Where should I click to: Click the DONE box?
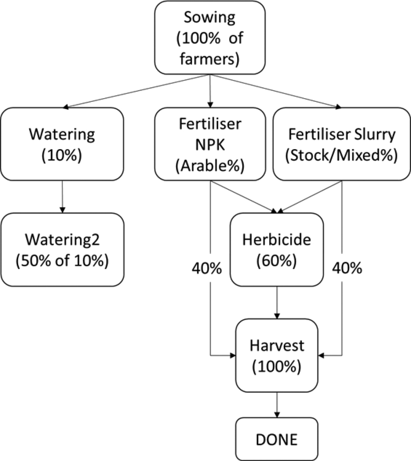click(x=276, y=439)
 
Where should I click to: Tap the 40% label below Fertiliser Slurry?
click(x=346, y=268)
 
